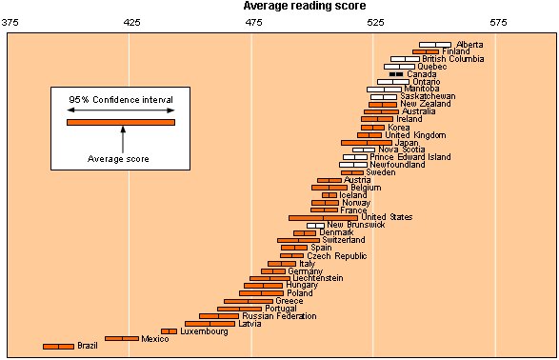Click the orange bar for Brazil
tap(58, 346)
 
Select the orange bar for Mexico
tap(122, 338)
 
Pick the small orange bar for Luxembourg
tap(169, 331)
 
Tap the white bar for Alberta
tap(436, 45)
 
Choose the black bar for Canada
tap(396, 74)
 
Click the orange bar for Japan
tap(366, 143)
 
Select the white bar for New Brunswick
tap(315, 225)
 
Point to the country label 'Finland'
tap(455, 51)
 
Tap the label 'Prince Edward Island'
tap(410, 157)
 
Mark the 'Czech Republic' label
tap(336, 255)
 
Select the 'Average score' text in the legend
tap(118, 158)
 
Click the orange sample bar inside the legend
tap(120, 122)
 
